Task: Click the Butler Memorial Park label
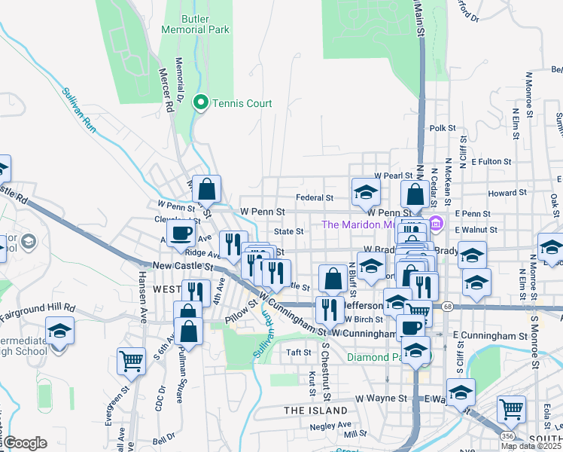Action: (x=194, y=23)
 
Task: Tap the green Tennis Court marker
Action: (x=201, y=102)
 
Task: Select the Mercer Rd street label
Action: (x=165, y=89)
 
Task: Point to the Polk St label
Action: (x=443, y=129)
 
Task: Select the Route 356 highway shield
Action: (x=510, y=436)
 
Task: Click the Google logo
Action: (x=24, y=443)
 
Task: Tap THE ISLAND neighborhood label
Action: (x=316, y=411)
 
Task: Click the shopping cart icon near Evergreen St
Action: (x=131, y=360)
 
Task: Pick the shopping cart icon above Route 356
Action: (x=511, y=408)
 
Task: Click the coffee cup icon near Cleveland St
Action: (x=181, y=234)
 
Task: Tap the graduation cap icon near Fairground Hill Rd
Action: (x=59, y=330)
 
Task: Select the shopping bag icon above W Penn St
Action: (x=206, y=188)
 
